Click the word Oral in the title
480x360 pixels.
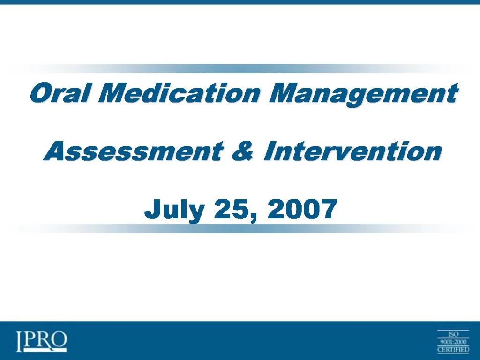click(x=59, y=93)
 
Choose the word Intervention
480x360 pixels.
click(x=352, y=152)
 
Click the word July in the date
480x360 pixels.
click(x=174, y=209)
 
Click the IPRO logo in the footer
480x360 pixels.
click(x=41, y=341)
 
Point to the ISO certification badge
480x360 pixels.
click(x=453, y=341)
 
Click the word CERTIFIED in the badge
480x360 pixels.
click(x=453, y=349)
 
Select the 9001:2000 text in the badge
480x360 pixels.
click(x=453, y=342)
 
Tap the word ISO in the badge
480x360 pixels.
click(x=453, y=334)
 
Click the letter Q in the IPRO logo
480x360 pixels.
click(x=59, y=341)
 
